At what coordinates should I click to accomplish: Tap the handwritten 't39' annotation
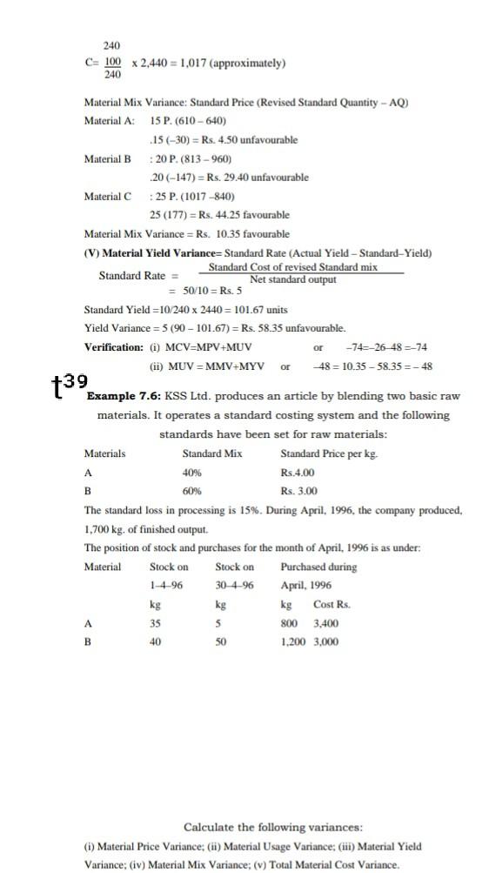69,383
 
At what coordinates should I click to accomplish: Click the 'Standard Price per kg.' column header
329,453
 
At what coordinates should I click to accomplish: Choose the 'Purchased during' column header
318,567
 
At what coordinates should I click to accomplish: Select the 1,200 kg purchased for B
293,641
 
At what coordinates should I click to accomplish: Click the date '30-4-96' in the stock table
234,585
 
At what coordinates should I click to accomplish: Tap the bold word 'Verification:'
114,347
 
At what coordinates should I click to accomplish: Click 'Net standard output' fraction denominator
292,280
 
